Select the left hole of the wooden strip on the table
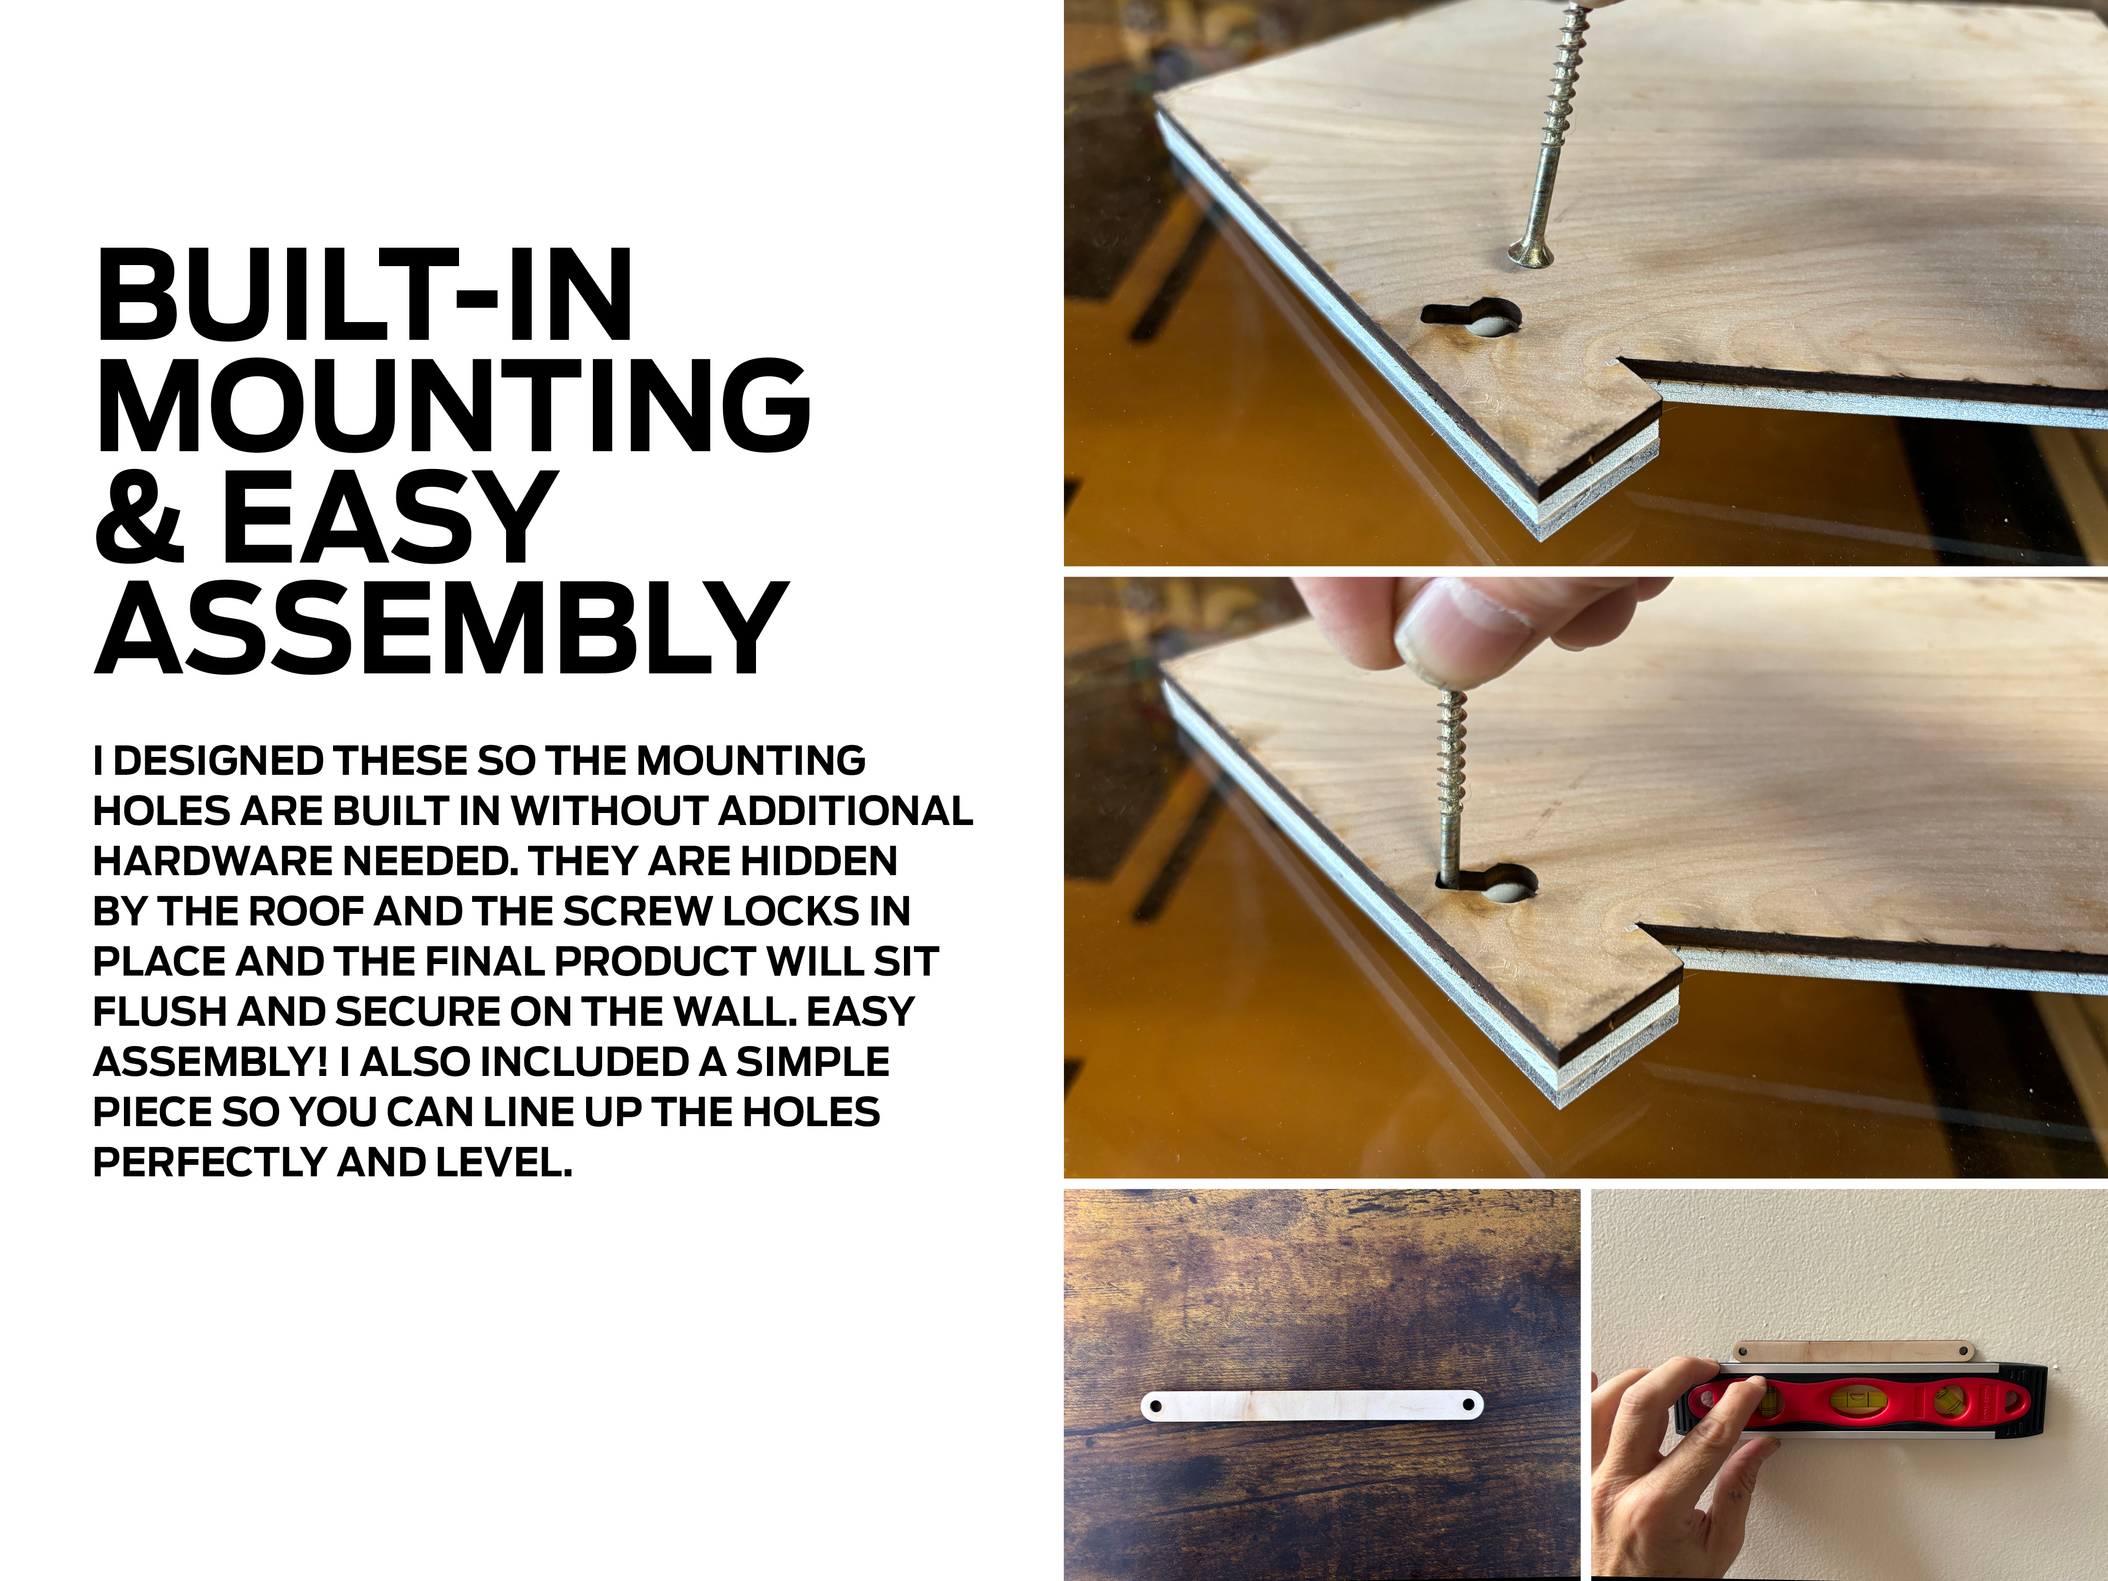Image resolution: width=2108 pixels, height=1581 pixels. [x=1157, y=1406]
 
